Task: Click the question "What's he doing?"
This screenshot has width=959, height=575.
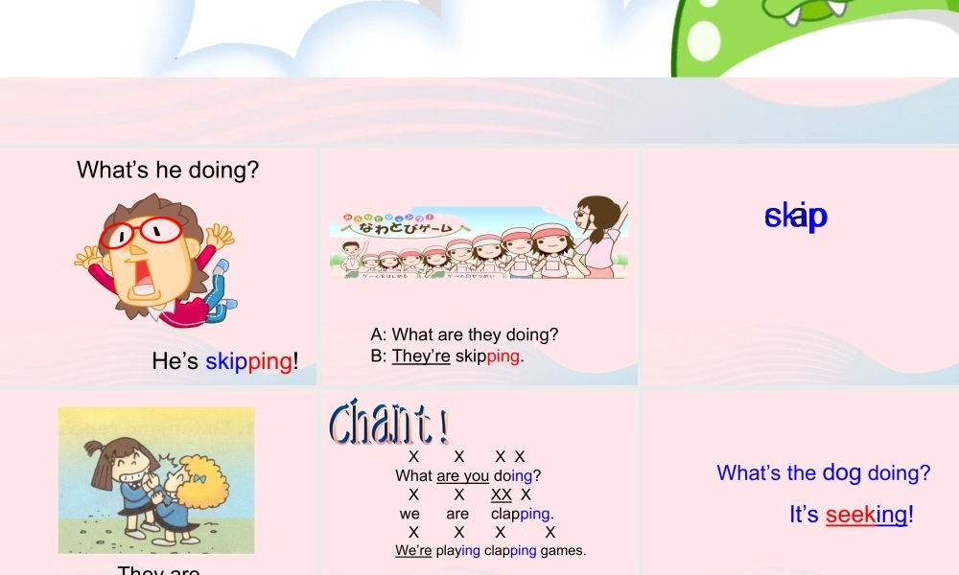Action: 168,171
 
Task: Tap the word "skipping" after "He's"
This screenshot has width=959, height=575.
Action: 248,361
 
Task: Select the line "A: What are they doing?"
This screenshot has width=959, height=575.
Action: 464,334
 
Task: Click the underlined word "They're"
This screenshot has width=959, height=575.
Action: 421,356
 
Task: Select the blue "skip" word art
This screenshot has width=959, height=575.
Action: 796,217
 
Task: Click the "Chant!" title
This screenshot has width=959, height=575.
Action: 388,424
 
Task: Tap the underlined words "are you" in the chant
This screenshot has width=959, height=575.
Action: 462,475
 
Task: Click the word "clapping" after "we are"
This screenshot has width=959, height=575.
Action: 521,514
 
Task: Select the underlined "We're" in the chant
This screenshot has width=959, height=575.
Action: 413,550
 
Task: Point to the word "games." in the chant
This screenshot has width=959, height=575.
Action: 563,550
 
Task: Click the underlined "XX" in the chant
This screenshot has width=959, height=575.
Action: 501,494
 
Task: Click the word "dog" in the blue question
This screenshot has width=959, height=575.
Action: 842,472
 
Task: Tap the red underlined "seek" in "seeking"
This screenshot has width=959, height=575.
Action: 850,515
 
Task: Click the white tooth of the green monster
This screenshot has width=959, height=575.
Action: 835,8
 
